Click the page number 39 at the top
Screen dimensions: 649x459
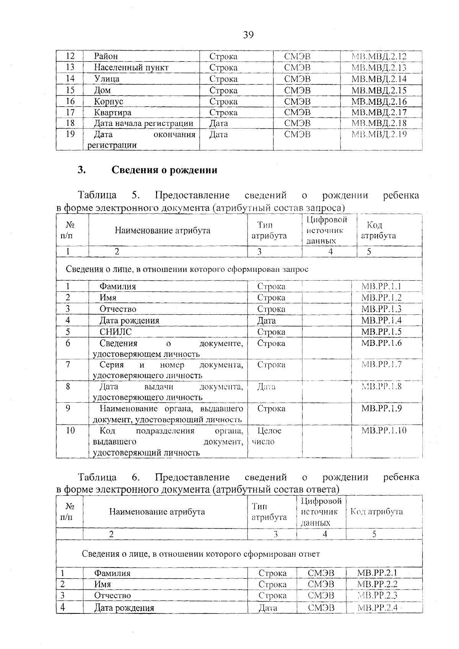tap(248, 35)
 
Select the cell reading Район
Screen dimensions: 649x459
tap(106, 57)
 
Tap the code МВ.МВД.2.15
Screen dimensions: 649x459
tap(379, 91)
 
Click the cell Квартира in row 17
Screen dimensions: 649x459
tap(112, 113)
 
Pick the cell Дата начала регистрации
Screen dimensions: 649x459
tap(143, 124)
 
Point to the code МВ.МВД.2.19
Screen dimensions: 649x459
tap(379, 135)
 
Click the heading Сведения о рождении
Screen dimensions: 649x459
tap(164, 170)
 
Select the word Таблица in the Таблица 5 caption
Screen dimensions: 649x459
tap(98, 195)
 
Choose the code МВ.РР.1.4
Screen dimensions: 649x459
tap(381, 320)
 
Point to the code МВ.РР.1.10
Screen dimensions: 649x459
tap(384, 431)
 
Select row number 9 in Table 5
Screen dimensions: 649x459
tap(68, 408)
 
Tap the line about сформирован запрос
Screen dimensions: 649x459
tap(187, 269)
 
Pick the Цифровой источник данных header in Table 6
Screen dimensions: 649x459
tap(321, 512)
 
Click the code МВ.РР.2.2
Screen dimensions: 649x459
tap(377, 584)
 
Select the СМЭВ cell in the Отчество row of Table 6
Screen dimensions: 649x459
tap(321, 596)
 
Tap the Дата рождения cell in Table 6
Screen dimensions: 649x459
tap(124, 608)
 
